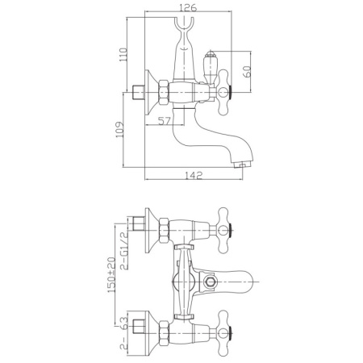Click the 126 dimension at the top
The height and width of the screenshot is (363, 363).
pyautogui.click(x=188, y=7)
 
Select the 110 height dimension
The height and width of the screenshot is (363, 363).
pyautogui.click(x=123, y=54)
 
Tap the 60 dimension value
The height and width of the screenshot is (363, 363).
pyautogui.click(x=248, y=71)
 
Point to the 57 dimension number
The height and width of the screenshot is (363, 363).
pyautogui.click(x=165, y=121)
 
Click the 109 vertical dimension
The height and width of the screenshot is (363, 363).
pyautogui.click(x=119, y=130)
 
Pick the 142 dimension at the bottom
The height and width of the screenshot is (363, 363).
pyautogui.click(x=194, y=175)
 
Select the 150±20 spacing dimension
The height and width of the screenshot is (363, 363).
pyautogui.click(x=111, y=275)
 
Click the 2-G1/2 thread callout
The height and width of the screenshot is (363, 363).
pyautogui.click(x=123, y=251)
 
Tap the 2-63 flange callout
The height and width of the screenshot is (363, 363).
pyautogui.click(x=123, y=333)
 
